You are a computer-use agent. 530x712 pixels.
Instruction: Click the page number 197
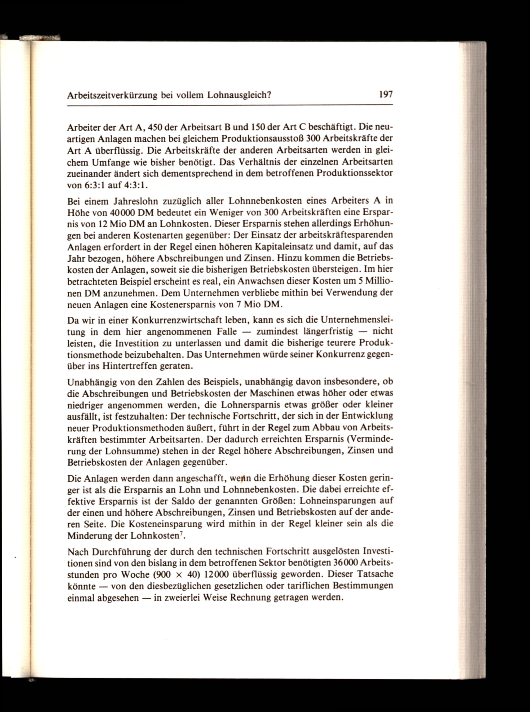[385, 95]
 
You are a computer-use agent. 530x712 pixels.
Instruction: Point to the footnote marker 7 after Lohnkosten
[181, 534]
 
